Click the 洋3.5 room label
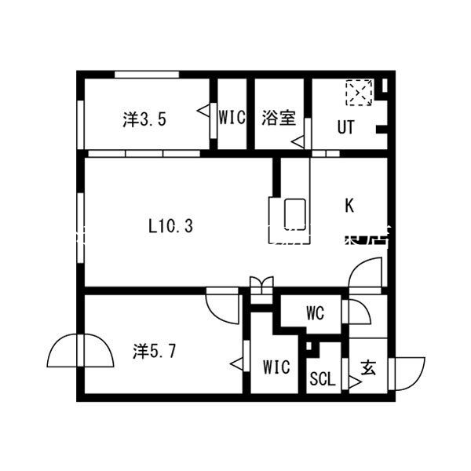[x=144, y=120]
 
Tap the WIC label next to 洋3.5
[x=232, y=119]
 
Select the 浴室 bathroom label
[x=278, y=119]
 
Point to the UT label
[x=345, y=127]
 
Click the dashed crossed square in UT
[x=359, y=93]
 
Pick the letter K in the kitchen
[x=349, y=206]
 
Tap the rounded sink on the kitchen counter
[x=294, y=212]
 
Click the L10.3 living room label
[x=170, y=226]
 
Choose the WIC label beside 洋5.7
[x=276, y=367]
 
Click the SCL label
[x=322, y=379]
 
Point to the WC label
[x=315, y=313]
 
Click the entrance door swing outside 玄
[x=409, y=372]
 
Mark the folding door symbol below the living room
[x=260, y=285]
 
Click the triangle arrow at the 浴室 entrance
[x=298, y=142]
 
